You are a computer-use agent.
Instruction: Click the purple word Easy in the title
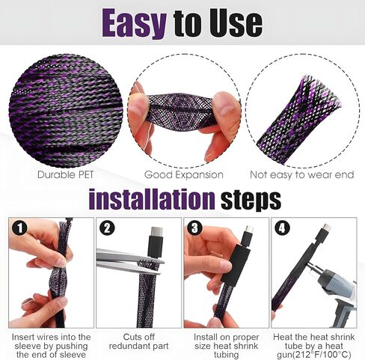(x=134, y=23)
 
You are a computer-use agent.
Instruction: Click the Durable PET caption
(x=66, y=174)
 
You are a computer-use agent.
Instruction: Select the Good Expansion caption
(x=184, y=175)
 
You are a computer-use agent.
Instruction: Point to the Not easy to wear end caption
(x=302, y=174)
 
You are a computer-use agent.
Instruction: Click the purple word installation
(x=151, y=200)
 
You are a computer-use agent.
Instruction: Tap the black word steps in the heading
(x=251, y=201)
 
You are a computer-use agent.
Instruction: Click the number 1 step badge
(x=20, y=228)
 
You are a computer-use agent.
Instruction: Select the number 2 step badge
(x=107, y=228)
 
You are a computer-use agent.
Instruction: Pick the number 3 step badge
(x=194, y=228)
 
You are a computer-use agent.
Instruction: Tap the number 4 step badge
(x=282, y=228)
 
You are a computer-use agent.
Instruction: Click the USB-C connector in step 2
(x=156, y=241)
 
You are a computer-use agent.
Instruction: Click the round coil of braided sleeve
(x=66, y=112)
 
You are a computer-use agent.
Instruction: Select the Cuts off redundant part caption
(x=139, y=341)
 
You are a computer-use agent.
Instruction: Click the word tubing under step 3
(x=226, y=355)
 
